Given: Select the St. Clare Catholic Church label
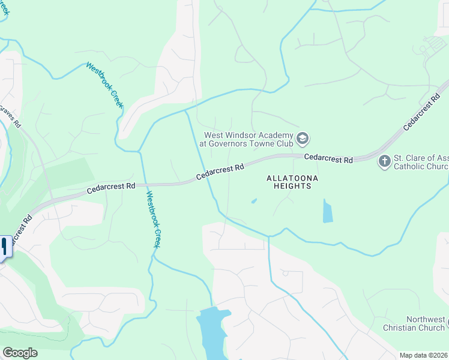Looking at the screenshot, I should pos(420,162).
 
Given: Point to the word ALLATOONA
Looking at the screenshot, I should pos(293,178).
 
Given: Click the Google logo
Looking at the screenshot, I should pos(20,353).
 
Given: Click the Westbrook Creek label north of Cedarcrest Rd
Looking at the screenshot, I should pos(104,85).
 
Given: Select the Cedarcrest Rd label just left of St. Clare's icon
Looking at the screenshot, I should pos(328,158).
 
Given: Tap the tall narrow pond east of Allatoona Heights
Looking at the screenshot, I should pos(327,211).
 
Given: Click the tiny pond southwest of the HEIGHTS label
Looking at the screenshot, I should pos(254,201).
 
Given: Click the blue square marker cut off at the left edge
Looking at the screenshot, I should pos(5,246).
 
